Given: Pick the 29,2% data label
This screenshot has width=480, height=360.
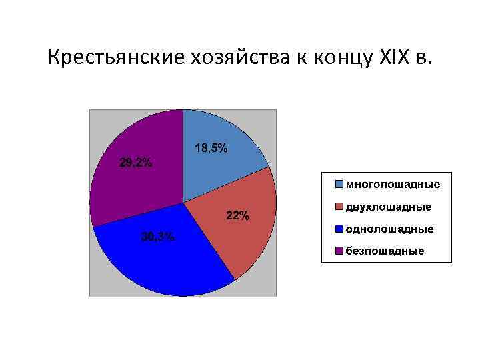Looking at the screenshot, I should click(x=135, y=163).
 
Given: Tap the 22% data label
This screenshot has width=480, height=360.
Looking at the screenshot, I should click(x=238, y=215).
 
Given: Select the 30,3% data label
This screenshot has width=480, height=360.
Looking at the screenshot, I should click(x=157, y=237).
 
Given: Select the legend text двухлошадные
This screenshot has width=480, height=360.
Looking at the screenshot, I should click(x=388, y=207).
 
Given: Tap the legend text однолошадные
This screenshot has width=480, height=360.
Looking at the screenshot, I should click(x=389, y=229).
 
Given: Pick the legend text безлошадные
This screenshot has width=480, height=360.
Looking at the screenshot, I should click(x=384, y=251).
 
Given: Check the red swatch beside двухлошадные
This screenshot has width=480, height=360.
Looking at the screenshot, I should click(x=339, y=207).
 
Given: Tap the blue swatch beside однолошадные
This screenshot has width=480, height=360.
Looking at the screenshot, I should click(x=339, y=229).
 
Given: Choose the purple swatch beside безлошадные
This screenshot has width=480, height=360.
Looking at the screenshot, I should click(x=339, y=251).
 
